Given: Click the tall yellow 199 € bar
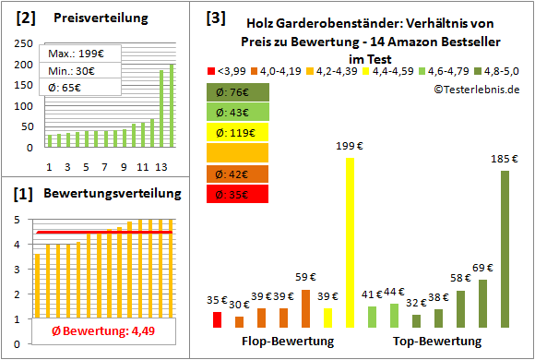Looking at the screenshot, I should point(350,243).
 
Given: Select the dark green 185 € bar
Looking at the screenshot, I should point(505,249).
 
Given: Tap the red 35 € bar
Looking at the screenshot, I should point(217,319).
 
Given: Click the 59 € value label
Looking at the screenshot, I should point(306,276).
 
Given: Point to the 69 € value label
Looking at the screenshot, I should point(482,268).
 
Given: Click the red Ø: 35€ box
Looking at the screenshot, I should point(238,194).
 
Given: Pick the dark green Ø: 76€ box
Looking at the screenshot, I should point(238,91).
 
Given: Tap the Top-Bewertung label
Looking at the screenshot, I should point(436,342).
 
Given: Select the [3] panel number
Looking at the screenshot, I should point(215,17).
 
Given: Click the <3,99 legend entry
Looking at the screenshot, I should point(226,69).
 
